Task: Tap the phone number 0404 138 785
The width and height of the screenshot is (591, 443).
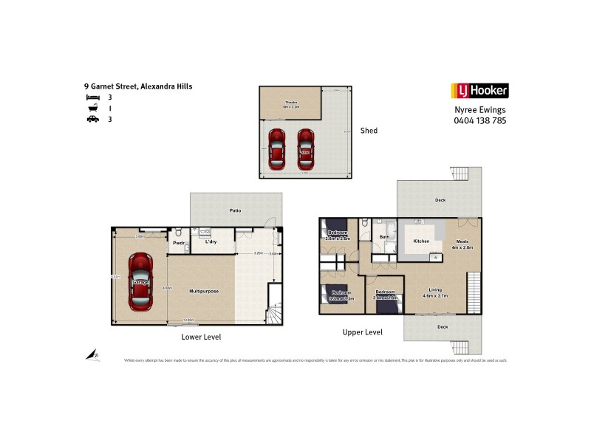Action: coord(479,120)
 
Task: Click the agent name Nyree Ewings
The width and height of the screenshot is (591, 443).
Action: coord(479,110)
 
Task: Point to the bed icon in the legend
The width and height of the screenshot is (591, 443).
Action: coord(92,97)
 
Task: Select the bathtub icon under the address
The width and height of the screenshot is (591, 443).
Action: coord(92,108)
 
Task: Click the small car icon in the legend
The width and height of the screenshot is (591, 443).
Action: coord(92,119)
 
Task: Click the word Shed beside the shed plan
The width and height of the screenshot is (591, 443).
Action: coord(369,131)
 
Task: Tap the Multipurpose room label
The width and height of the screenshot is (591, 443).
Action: coord(202,291)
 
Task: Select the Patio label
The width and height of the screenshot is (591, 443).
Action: coord(235,211)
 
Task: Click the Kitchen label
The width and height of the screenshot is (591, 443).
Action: coord(421,241)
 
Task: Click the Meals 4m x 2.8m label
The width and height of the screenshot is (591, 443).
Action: coord(462,244)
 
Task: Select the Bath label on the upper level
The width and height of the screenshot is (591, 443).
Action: coord(384,237)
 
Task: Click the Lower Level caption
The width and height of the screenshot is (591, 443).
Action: coord(201,337)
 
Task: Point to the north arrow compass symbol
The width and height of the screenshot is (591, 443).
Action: coord(93,355)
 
